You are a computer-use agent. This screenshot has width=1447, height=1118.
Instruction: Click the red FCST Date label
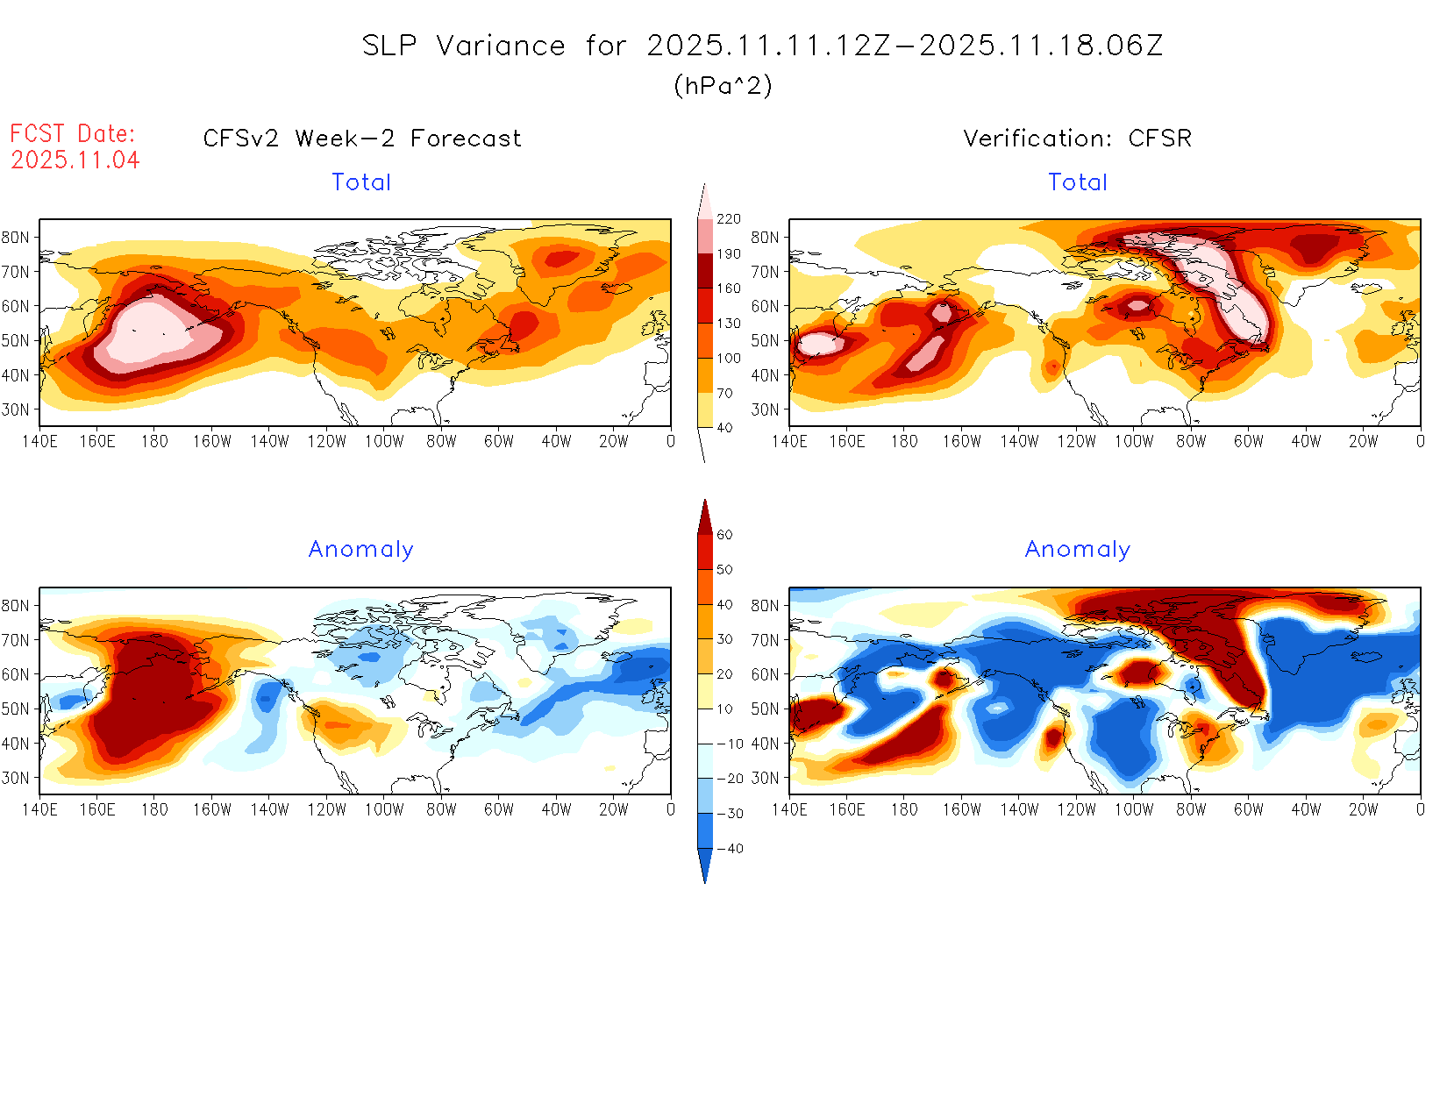coord(73,133)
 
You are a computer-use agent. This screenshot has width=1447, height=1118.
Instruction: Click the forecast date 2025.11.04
coord(75,160)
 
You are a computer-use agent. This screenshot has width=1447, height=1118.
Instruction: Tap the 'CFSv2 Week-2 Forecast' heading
coord(362,139)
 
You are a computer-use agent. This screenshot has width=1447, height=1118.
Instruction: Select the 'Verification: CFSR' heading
coord(1078,139)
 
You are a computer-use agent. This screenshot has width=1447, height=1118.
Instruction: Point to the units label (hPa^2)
coord(723,86)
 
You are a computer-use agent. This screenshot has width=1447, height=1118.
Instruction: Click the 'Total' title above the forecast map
coord(361,182)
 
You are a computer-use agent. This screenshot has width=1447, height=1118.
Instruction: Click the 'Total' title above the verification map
coord(1078,182)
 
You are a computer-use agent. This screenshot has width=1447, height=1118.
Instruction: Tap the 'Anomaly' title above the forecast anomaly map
coord(361,550)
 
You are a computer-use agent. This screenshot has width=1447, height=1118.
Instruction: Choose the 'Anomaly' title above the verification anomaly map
coord(1078,550)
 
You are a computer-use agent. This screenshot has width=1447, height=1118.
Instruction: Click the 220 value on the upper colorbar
coord(729,219)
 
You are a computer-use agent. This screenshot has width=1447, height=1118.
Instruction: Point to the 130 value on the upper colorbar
coord(729,324)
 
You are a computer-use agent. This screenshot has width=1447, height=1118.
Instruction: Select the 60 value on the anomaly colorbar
coord(724,535)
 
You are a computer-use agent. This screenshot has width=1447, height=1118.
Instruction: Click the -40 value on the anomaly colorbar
coord(730,849)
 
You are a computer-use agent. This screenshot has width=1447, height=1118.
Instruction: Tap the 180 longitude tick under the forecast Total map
coord(154,442)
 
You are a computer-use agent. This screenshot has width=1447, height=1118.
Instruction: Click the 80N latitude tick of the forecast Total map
coord(15,238)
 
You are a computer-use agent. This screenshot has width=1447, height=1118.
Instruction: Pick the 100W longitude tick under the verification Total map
coord(1133,442)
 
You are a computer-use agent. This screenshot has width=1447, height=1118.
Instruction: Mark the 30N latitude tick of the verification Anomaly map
coord(765,778)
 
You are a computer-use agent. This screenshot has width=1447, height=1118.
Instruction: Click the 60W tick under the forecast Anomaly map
coord(499,810)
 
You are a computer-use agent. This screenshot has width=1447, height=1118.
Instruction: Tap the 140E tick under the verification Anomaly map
coord(789,810)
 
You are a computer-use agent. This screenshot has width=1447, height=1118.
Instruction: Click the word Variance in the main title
coord(501,46)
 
